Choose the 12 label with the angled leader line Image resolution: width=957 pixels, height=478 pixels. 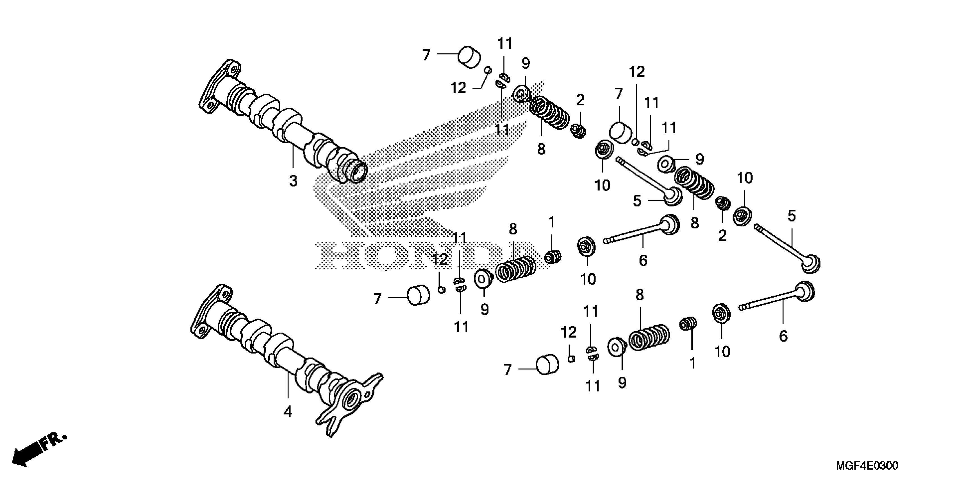(458, 88)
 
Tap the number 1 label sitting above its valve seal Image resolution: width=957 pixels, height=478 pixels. (552, 222)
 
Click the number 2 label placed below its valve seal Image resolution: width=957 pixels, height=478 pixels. (722, 235)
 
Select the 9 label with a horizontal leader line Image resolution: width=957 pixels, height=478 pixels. (699, 160)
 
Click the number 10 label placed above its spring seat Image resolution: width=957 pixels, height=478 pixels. (744, 178)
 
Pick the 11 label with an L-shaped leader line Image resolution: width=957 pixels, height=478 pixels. (669, 128)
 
